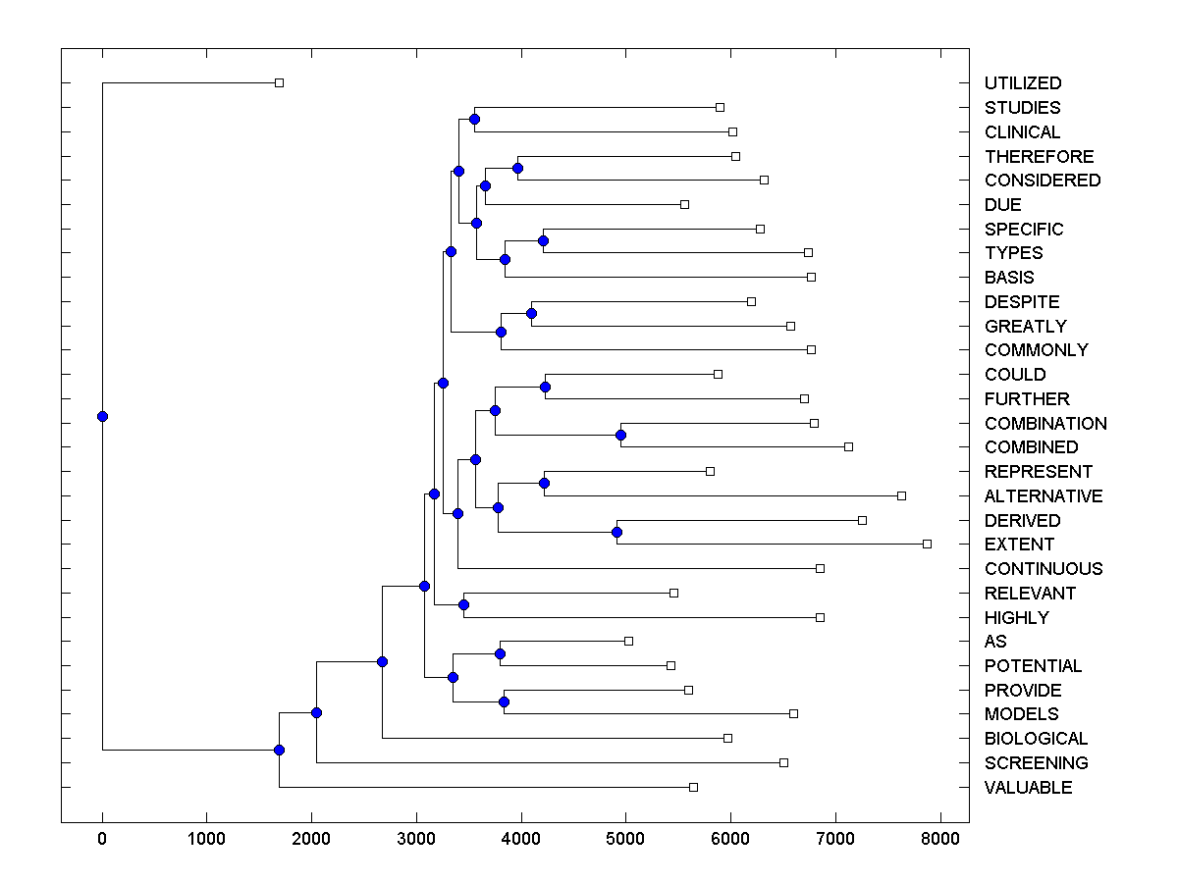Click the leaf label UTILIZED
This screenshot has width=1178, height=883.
pyautogui.click(x=1022, y=83)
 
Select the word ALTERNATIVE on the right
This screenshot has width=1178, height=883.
pyautogui.click(x=1043, y=496)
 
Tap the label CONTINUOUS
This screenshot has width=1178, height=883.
pyautogui.click(x=1043, y=569)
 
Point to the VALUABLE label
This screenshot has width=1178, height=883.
pyautogui.click(x=1028, y=788)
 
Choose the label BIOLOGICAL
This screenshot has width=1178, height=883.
pyautogui.click(x=1036, y=739)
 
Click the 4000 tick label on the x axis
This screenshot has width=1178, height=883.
pyautogui.click(x=521, y=839)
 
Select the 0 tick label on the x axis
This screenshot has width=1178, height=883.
pyautogui.click(x=102, y=839)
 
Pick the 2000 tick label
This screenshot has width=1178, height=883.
pyautogui.click(x=311, y=839)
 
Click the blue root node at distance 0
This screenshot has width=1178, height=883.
pyautogui.click(x=102, y=416)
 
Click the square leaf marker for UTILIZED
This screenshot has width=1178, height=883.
pyautogui.click(x=279, y=82)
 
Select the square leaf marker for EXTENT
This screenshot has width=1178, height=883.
pyautogui.click(x=927, y=544)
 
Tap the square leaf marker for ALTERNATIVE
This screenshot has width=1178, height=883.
pyautogui.click(x=901, y=495)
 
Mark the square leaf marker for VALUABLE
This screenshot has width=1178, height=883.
pyautogui.click(x=693, y=787)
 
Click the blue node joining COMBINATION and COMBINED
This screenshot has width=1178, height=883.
pyautogui.click(x=620, y=435)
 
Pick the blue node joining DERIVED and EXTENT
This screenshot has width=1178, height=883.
pyautogui.click(x=616, y=532)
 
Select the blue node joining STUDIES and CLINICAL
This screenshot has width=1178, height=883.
pyautogui.click(x=474, y=119)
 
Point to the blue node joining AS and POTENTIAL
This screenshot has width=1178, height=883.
pyautogui.click(x=500, y=653)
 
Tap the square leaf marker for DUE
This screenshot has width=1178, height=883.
pyautogui.click(x=684, y=204)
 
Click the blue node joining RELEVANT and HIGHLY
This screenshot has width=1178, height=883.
pyautogui.click(x=463, y=604)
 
